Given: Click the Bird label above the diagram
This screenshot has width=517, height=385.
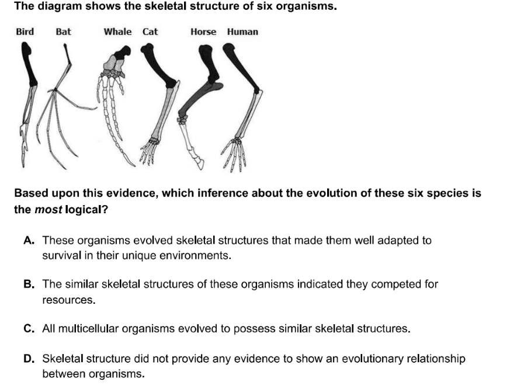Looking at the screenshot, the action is pos(25,32).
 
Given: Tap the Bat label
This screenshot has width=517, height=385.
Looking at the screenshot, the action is pos(63,32).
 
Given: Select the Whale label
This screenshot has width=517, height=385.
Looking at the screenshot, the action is pos(117,32).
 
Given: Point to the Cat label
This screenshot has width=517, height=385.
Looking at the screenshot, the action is pos(150,32).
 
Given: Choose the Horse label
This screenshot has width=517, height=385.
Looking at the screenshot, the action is pos(203,32).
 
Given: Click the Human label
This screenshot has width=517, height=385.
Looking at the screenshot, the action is pos(242,32).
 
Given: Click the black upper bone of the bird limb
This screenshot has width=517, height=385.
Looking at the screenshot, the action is pos(29,65).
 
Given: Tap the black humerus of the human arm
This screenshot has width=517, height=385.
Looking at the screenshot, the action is pos(241,68).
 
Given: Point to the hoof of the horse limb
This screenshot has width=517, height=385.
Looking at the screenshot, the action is pos(199,163).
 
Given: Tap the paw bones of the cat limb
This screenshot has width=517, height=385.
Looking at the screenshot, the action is pos(150,151).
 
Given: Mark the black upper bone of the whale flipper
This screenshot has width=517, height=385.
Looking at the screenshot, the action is pos(122,53).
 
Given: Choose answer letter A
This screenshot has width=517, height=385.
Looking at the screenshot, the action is pos(29,240).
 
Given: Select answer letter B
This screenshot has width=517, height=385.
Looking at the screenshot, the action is pos(29,284).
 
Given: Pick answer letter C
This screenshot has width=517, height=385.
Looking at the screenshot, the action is pos(29,329).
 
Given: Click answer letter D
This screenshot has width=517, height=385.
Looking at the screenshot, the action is pos(29,359).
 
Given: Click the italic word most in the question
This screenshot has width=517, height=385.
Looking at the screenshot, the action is pos(48,210).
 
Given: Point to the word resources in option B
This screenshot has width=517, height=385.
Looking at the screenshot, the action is pos(68,300).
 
